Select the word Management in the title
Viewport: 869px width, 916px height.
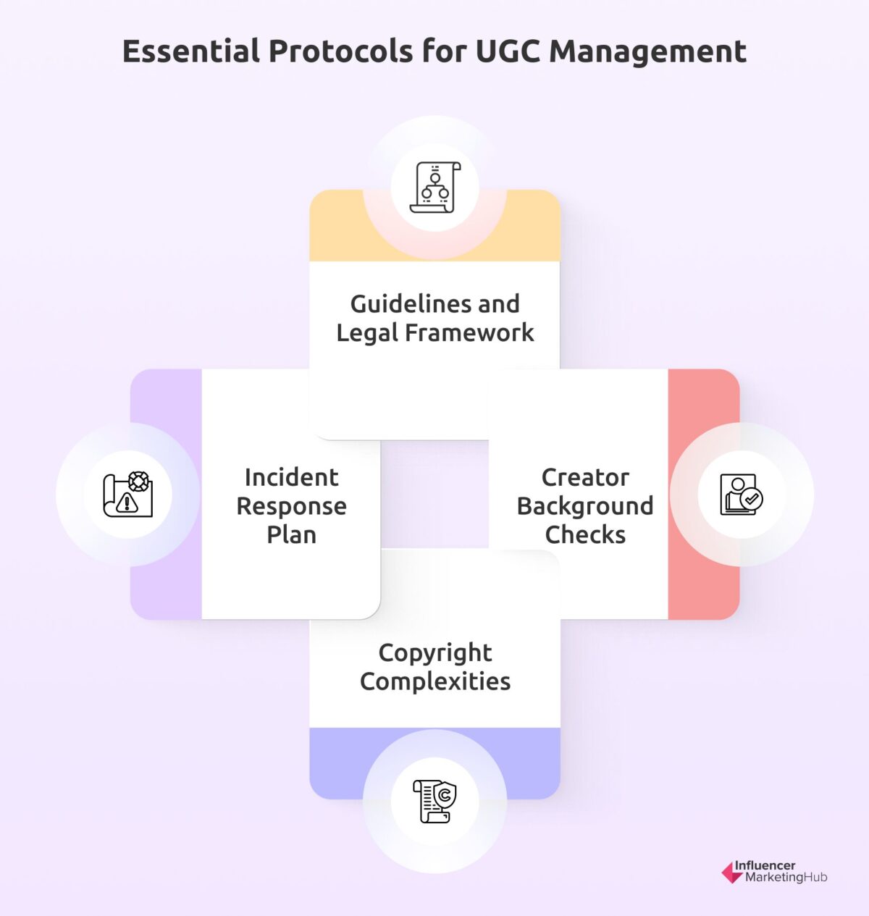(x=647, y=51)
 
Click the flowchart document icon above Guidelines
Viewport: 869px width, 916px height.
(x=434, y=188)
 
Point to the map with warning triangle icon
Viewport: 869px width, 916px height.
(x=128, y=495)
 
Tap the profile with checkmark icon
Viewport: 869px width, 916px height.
(x=742, y=495)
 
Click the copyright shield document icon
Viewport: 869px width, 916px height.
(x=434, y=801)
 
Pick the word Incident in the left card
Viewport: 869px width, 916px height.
(x=291, y=477)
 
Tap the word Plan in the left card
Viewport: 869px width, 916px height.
(x=291, y=534)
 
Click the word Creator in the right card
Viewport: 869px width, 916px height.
(x=585, y=477)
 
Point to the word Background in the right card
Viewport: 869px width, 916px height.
(x=585, y=506)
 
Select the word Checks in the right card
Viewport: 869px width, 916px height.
(x=585, y=534)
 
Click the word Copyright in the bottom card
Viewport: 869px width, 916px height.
(x=435, y=653)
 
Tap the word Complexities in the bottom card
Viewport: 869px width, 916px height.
(x=435, y=681)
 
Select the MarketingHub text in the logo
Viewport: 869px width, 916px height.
(x=786, y=878)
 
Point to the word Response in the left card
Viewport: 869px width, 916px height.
(x=291, y=506)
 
